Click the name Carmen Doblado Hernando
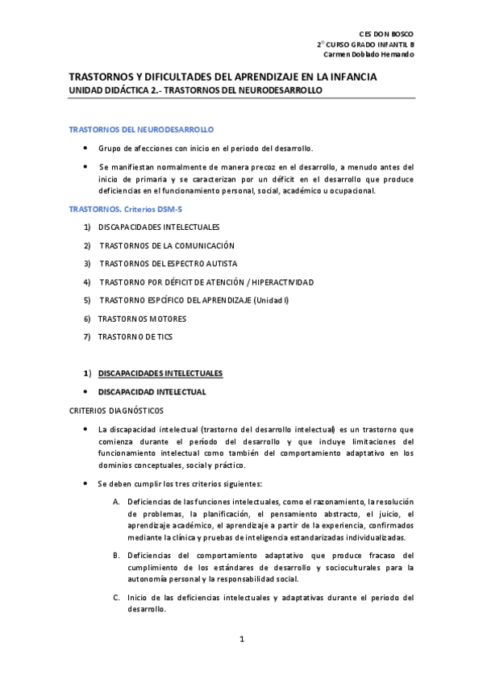(x=368, y=54)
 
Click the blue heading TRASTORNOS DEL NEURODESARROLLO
(x=141, y=129)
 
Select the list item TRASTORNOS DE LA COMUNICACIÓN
(x=167, y=245)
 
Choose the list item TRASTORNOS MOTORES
(x=142, y=319)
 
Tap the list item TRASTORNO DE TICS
(x=135, y=337)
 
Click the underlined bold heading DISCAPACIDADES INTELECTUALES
(x=160, y=373)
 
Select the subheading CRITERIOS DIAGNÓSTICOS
(x=116, y=411)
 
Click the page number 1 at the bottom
(x=241, y=640)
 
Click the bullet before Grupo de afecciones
(x=86, y=148)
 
